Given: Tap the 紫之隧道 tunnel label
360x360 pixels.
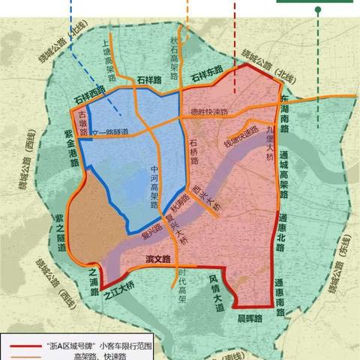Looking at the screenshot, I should tap(59, 234).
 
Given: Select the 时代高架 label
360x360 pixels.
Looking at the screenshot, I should tap(182, 286).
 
